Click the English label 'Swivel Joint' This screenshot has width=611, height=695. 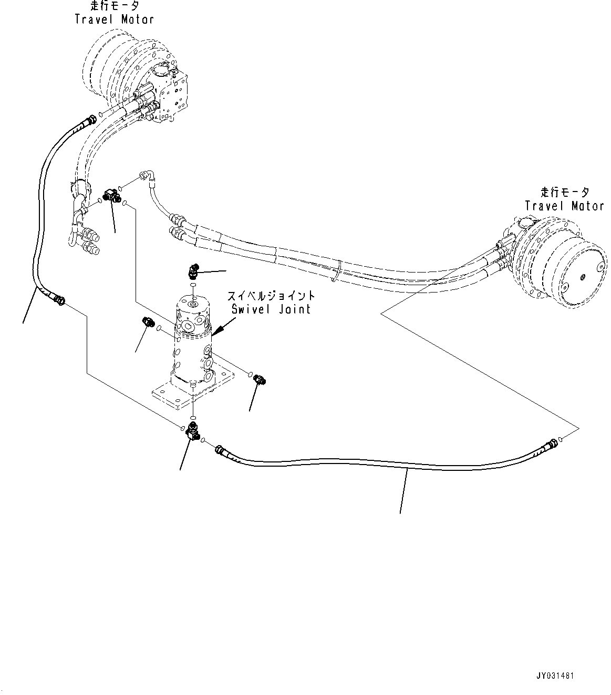pos(271,309)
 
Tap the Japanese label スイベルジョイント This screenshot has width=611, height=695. pos(271,296)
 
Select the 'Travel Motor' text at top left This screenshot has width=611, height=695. pos(115,19)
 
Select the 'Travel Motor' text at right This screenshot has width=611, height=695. pos(564,206)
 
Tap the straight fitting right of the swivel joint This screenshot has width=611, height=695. pos(260,379)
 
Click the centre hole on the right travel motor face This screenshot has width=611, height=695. pos(584,276)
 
